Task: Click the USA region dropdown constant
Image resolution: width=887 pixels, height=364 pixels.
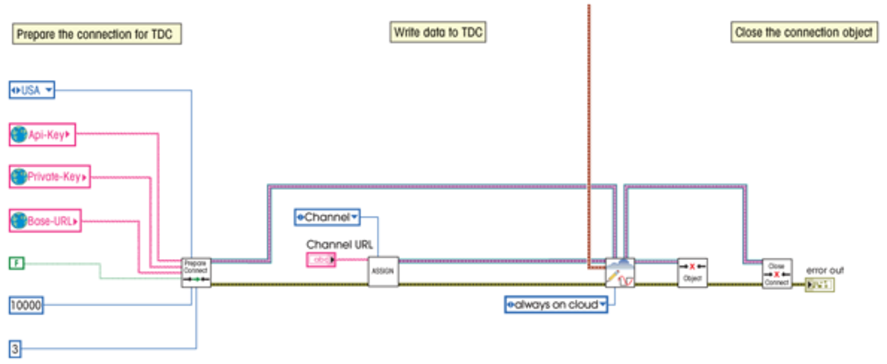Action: pyautogui.click(x=32, y=90)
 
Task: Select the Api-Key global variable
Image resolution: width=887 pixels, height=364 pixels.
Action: pyautogui.click(x=42, y=135)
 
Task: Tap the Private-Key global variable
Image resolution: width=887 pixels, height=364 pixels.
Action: pyautogui.click(x=49, y=177)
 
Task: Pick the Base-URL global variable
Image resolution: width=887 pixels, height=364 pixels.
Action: pyautogui.click(x=45, y=221)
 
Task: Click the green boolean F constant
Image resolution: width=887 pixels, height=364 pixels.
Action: pyautogui.click(x=17, y=263)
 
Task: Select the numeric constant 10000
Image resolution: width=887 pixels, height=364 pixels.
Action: pyautogui.click(x=26, y=305)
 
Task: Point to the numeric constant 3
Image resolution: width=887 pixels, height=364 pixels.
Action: pyautogui.click(x=15, y=348)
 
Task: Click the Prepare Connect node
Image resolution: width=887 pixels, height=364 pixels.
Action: pyautogui.click(x=196, y=272)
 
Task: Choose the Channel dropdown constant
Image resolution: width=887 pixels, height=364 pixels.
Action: pyautogui.click(x=327, y=217)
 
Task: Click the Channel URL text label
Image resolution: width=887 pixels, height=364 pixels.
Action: pyautogui.click(x=339, y=244)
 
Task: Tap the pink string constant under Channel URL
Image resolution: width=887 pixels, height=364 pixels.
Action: pyautogui.click(x=321, y=260)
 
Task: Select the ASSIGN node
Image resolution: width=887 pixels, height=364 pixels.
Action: pyautogui.click(x=383, y=271)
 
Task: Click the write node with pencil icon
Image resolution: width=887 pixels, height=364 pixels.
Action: pyautogui.click(x=620, y=273)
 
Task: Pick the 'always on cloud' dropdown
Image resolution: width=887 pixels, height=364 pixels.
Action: pyautogui.click(x=556, y=304)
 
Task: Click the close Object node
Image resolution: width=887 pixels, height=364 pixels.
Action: pyautogui.click(x=692, y=273)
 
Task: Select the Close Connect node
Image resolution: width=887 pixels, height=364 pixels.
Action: pyautogui.click(x=777, y=273)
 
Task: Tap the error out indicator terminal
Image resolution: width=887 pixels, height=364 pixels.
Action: pyautogui.click(x=820, y=284)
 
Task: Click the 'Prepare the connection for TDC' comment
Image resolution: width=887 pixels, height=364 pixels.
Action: pyautogui.click(x=97, y=34)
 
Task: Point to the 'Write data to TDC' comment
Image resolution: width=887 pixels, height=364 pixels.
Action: pyautogui.click(x=437, y=32)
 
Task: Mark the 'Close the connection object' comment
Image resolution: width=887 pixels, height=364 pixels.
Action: pyautogui.click(x=804, y=32)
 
